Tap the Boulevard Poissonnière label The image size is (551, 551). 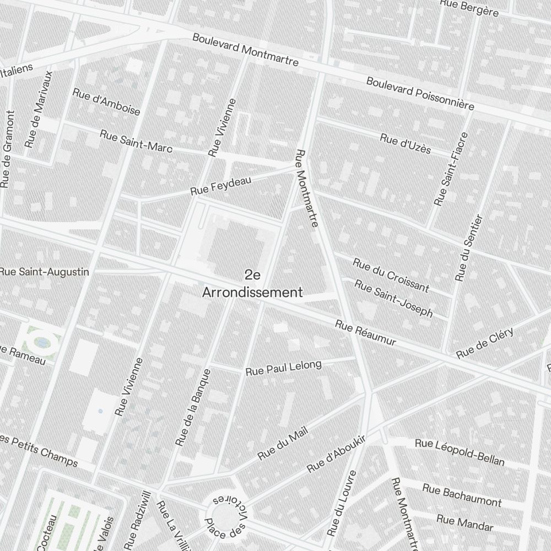tap(420, 93)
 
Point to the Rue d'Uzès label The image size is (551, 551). tap(405, 144)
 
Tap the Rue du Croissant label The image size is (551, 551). tap(391, 274)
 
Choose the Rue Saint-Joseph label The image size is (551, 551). tap(393, 298)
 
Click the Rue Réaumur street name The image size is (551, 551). tap(365, 333)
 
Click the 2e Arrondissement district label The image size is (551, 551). tap(252, 284)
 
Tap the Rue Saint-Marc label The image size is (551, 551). tap(136, 141)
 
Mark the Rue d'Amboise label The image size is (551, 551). tap(106, 101)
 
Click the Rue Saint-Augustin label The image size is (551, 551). tap(44, 272)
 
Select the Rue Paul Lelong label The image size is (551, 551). tap(283, 368)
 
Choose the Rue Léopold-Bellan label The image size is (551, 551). tap(460, 452)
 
